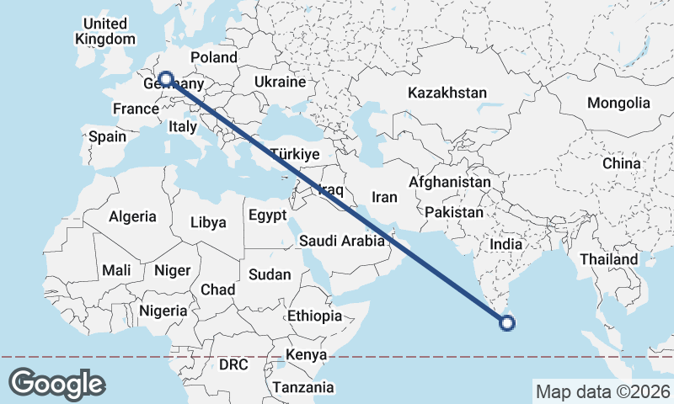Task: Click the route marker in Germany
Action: pos(166,79)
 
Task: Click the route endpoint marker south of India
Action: pos(507,321)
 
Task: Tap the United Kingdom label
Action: pos(104,31)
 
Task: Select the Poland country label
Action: pos(214,57)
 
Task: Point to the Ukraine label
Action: pos(279,82)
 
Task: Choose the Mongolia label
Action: pos(619,103)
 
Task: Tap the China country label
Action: pos(622,163)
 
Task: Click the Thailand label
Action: pos(608,259)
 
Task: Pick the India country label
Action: pos(506,243)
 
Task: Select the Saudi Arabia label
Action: pos(341,242)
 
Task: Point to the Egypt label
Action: pos(269,215)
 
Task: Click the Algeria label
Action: pos(132,216)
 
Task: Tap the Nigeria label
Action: pos(163,311)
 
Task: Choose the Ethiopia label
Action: pos(314,316)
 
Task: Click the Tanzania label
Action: pos(302,387)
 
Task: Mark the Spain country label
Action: pos(107,136)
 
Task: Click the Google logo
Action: pos(56,384)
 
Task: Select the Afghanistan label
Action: pos(450,182)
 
